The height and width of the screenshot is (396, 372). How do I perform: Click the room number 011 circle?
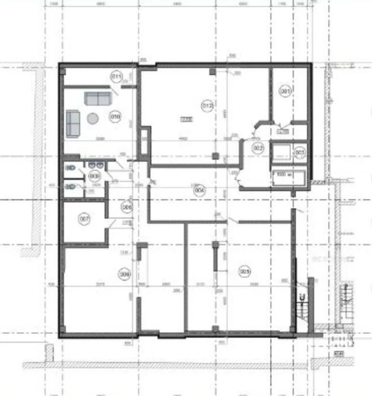pos(117,76)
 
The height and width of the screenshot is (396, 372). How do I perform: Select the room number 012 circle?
pos(207,105)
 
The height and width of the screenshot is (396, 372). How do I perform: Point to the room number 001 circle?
pos(286,91)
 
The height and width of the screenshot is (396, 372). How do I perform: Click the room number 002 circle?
pos(258,148)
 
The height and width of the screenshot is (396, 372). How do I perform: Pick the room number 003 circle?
pos(300,152)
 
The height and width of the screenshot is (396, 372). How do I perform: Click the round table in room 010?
pos(92,118)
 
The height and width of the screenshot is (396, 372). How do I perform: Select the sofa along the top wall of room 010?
pos(98,98)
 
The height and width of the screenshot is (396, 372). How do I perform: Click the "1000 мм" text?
pos(281,174)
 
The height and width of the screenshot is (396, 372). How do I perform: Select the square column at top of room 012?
pos(212,71)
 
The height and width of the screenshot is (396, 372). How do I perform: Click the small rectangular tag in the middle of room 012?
pos(186,119)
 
